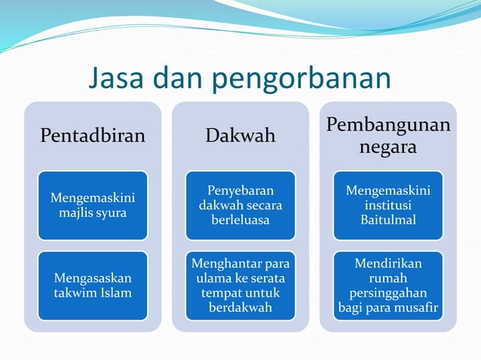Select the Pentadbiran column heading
click(x=92, y=136)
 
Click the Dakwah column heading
click(x=240, y=136)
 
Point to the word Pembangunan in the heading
click(x=388, y=125)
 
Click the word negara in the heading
click(x=388, y=148)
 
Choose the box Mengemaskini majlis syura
click(x=93, y=206)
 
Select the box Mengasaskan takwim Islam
click(x=93, y=285)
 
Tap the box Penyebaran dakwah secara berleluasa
click(x=240, y=206)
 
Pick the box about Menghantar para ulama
click(x=240, y=285)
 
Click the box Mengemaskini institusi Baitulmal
click(x=388, y=206)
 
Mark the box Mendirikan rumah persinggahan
click(x=388, y=285)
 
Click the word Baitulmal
click(x=388, y=221)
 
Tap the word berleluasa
click(x=240, y=221)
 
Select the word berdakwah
click(x=240, y=307)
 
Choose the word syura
click(x=109, y=213)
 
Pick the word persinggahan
click(x=388, y=292)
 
